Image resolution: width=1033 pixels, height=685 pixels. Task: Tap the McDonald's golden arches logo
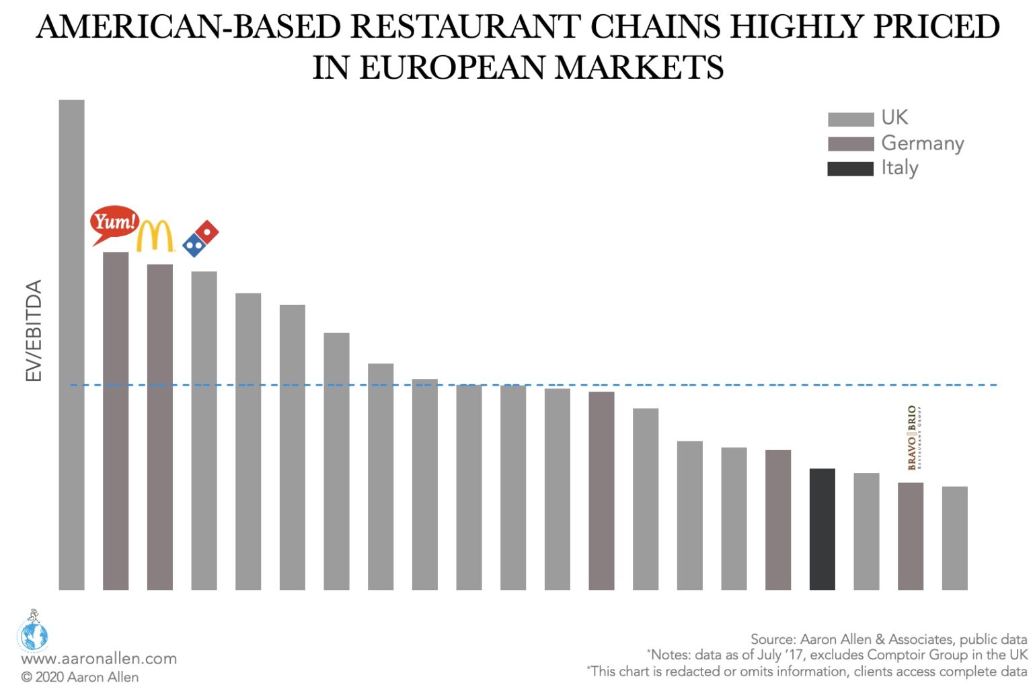155,236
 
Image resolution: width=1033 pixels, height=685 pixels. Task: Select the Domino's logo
200,239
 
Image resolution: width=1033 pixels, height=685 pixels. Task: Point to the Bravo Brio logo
913,437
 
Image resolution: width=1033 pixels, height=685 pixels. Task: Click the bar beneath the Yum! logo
116,421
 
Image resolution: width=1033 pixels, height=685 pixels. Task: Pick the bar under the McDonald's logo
160,427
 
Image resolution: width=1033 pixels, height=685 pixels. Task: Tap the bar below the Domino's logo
204,431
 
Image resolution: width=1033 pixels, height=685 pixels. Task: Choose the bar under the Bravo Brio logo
910,536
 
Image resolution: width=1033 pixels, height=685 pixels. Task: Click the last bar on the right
954,538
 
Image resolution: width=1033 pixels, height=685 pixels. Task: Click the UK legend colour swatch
850,119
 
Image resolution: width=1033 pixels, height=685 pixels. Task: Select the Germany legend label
922,143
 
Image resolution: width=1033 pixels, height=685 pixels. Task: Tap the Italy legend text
899,168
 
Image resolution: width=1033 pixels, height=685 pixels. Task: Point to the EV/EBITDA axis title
34,330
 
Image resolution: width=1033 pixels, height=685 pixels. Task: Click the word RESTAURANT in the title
465,28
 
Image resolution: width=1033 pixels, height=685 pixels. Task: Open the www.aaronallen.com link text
99,658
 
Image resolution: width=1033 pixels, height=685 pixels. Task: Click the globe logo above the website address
33,633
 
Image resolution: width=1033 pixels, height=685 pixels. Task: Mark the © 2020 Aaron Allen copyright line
80,676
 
